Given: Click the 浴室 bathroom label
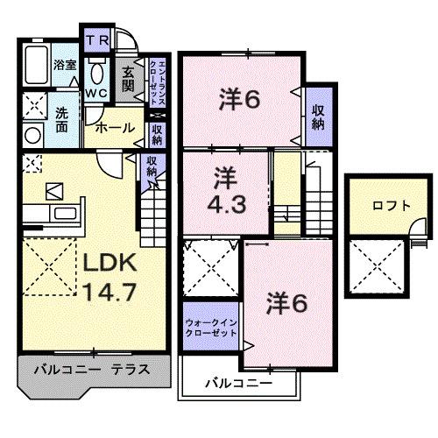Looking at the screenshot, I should point(64,66).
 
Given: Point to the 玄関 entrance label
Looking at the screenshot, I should point(128,80).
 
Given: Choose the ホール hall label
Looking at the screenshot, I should point(115,128).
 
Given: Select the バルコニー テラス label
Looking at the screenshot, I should point(91,370).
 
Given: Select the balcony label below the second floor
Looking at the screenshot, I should point(239,383).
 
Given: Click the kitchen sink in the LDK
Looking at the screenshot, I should point(66,215).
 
